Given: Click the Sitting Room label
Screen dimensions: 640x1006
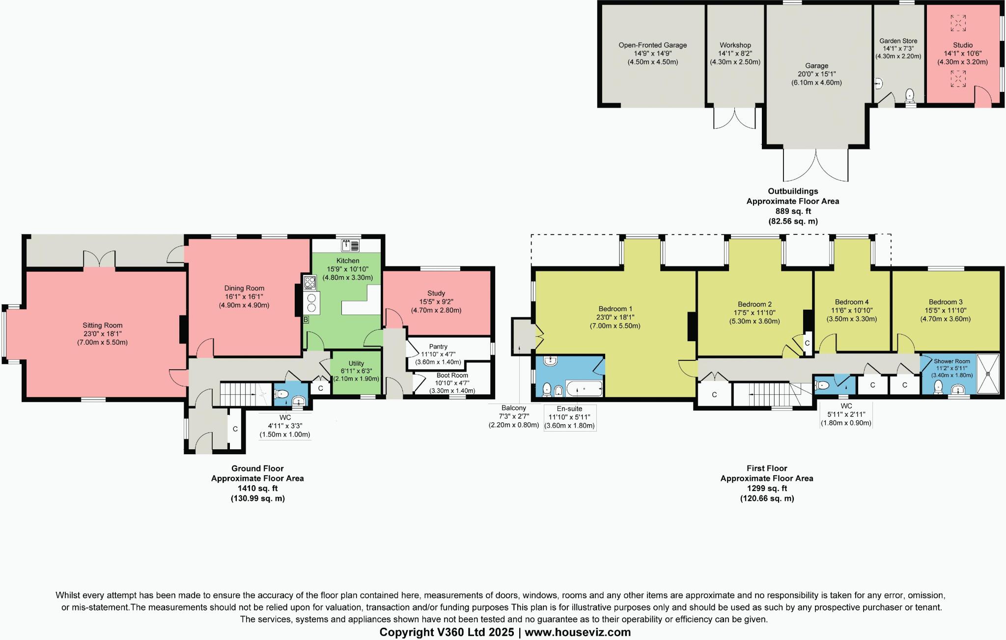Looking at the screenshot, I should (x=102, y=325).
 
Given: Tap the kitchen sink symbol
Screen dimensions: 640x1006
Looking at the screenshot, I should (x=350, y=245).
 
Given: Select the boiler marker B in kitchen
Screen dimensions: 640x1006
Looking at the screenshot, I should (x=306, y=320).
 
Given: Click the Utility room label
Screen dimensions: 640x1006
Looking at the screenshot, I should (x=356, y=363).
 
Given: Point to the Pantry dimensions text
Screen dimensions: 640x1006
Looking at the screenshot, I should (x=438, y=358).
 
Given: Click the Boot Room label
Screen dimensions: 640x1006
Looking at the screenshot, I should (x=452, y=375).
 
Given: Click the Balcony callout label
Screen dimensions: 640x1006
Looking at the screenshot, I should (x=513, y=408).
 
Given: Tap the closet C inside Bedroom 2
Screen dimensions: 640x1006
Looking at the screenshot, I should (x=807, y=343).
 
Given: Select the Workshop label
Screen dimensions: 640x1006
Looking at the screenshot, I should (x=735, y=45).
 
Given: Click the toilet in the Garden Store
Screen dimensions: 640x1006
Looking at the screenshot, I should (x=910, y=95).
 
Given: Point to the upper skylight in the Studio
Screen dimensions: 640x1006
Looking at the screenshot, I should (x=958, y=23).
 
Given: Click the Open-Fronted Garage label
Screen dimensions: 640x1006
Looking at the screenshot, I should (x=652, y=45).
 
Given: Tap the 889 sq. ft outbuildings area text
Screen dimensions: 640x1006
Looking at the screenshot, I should (x=793, y=211).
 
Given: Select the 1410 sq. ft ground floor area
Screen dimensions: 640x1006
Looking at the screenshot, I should (x=257, y=488).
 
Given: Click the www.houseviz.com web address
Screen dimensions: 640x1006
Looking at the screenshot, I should (x=578, y=632).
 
